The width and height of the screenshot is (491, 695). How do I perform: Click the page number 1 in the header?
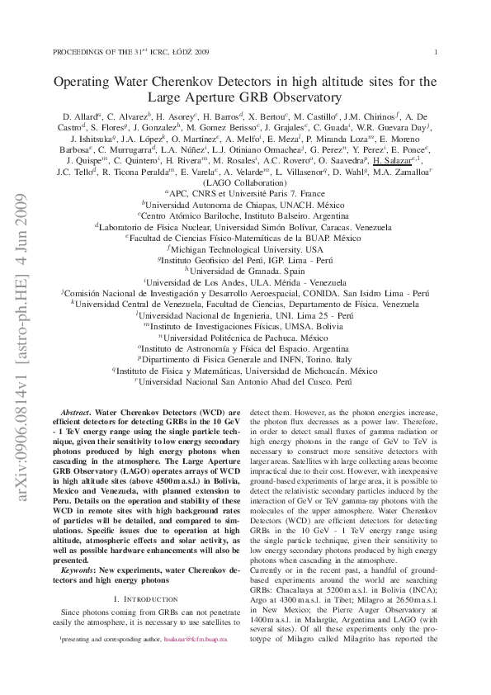pos(435,51)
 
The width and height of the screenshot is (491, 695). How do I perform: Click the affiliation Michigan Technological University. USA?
pos(245,248)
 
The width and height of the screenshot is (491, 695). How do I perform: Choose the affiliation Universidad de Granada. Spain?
pos(245,269)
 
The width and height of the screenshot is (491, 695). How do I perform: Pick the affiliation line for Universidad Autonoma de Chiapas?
pos(245,204)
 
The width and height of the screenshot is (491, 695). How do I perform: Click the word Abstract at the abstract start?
pos(75,412)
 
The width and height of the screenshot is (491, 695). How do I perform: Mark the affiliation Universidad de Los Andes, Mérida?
pos(245,281)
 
